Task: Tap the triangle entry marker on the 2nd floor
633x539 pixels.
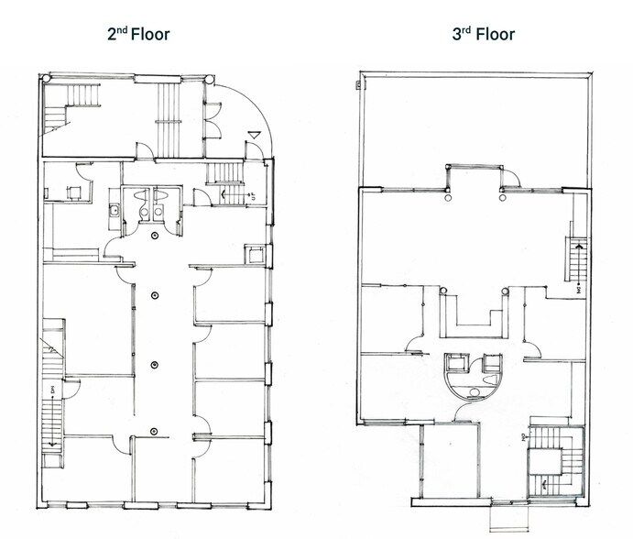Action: [x=255, y=137]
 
